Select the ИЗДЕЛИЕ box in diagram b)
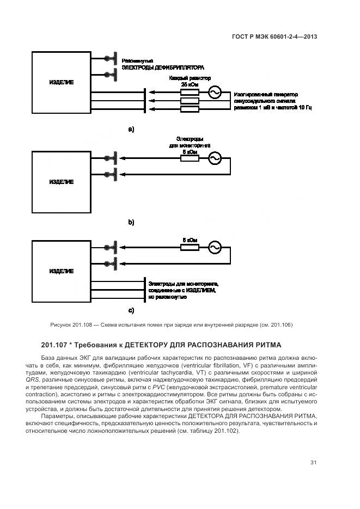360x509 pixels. coord(62,182)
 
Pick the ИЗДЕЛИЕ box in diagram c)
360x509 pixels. coord(62,271)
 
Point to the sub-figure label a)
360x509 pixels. coord(131,130)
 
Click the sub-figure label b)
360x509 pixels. coord(131,222)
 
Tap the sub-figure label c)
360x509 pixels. coord(131,311)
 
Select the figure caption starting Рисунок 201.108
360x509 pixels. coord(171,325)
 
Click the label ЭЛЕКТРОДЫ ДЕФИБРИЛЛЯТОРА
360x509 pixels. coord(163,68)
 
